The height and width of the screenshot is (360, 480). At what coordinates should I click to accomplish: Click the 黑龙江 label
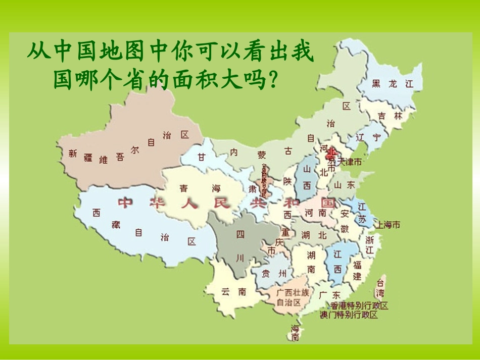[x=392, y=84]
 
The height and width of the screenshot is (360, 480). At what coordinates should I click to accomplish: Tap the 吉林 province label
[x=390, y=116]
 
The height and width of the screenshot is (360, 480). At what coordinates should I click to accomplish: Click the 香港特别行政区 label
[x=360, y=306]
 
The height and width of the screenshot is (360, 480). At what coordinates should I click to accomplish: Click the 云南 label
[x=233, y=291]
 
